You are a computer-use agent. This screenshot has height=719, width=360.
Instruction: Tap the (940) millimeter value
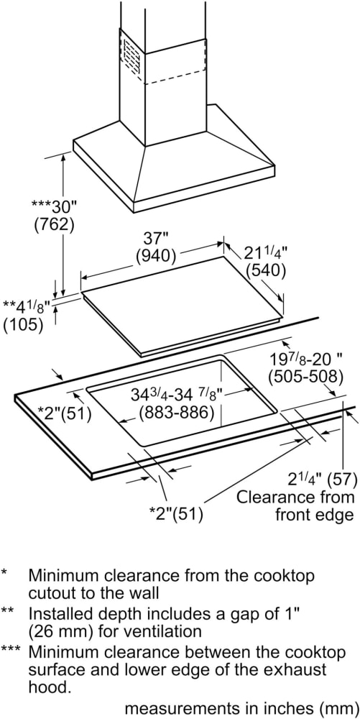coord(156,256)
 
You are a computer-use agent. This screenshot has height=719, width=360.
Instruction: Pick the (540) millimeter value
coord(265,271)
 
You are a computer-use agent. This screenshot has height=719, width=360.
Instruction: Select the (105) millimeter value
coord(23,324)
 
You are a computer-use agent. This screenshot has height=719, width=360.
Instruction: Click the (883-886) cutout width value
coord(177,413)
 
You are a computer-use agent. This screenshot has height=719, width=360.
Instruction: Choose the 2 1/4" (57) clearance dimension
coord(322,480)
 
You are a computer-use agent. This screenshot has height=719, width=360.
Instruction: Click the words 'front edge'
coord(314,515)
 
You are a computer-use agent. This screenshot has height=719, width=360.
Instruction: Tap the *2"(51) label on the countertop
coord(64,414)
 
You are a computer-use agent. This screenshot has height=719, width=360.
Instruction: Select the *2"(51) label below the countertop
coord(176,514)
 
